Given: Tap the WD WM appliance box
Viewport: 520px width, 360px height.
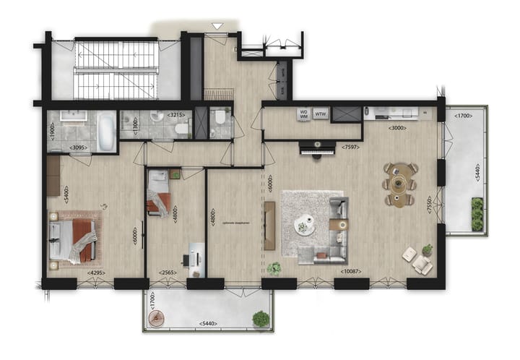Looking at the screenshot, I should [x=304, y=113].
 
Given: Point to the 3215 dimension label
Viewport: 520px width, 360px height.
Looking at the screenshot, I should [x=176, y=114].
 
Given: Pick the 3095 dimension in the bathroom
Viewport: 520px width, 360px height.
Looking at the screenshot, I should [x=79, y=147].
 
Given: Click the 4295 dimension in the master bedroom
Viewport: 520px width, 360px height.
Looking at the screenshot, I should [x=97, y=273].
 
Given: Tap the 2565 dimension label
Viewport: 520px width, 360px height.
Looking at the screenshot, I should [x=168, y=273].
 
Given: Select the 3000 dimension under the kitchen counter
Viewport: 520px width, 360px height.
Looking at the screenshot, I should [x=396, y=128].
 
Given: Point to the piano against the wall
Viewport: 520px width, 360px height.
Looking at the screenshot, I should [x=318, y=149].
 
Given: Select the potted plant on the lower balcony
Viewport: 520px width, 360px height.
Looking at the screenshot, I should [x=260, y=317].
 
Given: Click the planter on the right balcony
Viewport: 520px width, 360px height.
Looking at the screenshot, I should [x=477, y=215].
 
